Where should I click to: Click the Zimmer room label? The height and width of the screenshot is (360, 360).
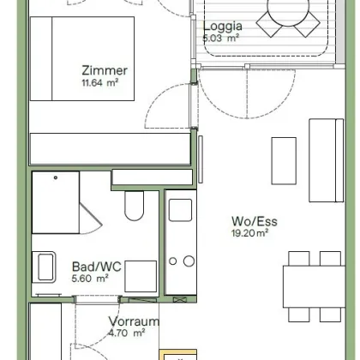click(x=105, y=70)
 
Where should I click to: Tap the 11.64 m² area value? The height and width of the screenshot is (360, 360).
click(x=100, y=83)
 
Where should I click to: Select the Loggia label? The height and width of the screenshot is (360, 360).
click(x=223, y=27)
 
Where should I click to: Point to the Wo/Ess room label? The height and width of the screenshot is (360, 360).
click(x=255, y=221)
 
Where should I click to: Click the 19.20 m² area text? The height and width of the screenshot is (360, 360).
click(x=249, y=233)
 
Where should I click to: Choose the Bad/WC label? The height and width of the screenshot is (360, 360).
click(x=97, y=267)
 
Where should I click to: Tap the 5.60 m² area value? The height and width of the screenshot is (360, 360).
click(x=90, y=279)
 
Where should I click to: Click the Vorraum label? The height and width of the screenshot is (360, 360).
click(x=134, y=321)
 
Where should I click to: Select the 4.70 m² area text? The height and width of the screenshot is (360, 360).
click(x=127, y=333)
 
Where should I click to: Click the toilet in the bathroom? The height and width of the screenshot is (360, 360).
click(x=134, y=206)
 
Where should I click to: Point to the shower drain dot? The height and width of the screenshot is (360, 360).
click(x=56, y=177)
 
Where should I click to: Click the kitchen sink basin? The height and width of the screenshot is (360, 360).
click(x=180, y=210)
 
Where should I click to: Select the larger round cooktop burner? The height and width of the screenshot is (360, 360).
click(x=189, y=261)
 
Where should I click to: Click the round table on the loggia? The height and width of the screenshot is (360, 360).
click(x=288, y=11)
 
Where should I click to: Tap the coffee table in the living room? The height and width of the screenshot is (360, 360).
click(x=284, y=161)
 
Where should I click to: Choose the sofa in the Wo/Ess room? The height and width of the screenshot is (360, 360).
click(x=327, y=160)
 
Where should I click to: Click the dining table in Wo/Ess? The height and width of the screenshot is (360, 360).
click(x=315, y=286)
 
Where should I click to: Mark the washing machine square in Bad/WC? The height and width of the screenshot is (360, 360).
click(x=141, y=276)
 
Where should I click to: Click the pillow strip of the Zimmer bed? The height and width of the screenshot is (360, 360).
click(x=41, y=58)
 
